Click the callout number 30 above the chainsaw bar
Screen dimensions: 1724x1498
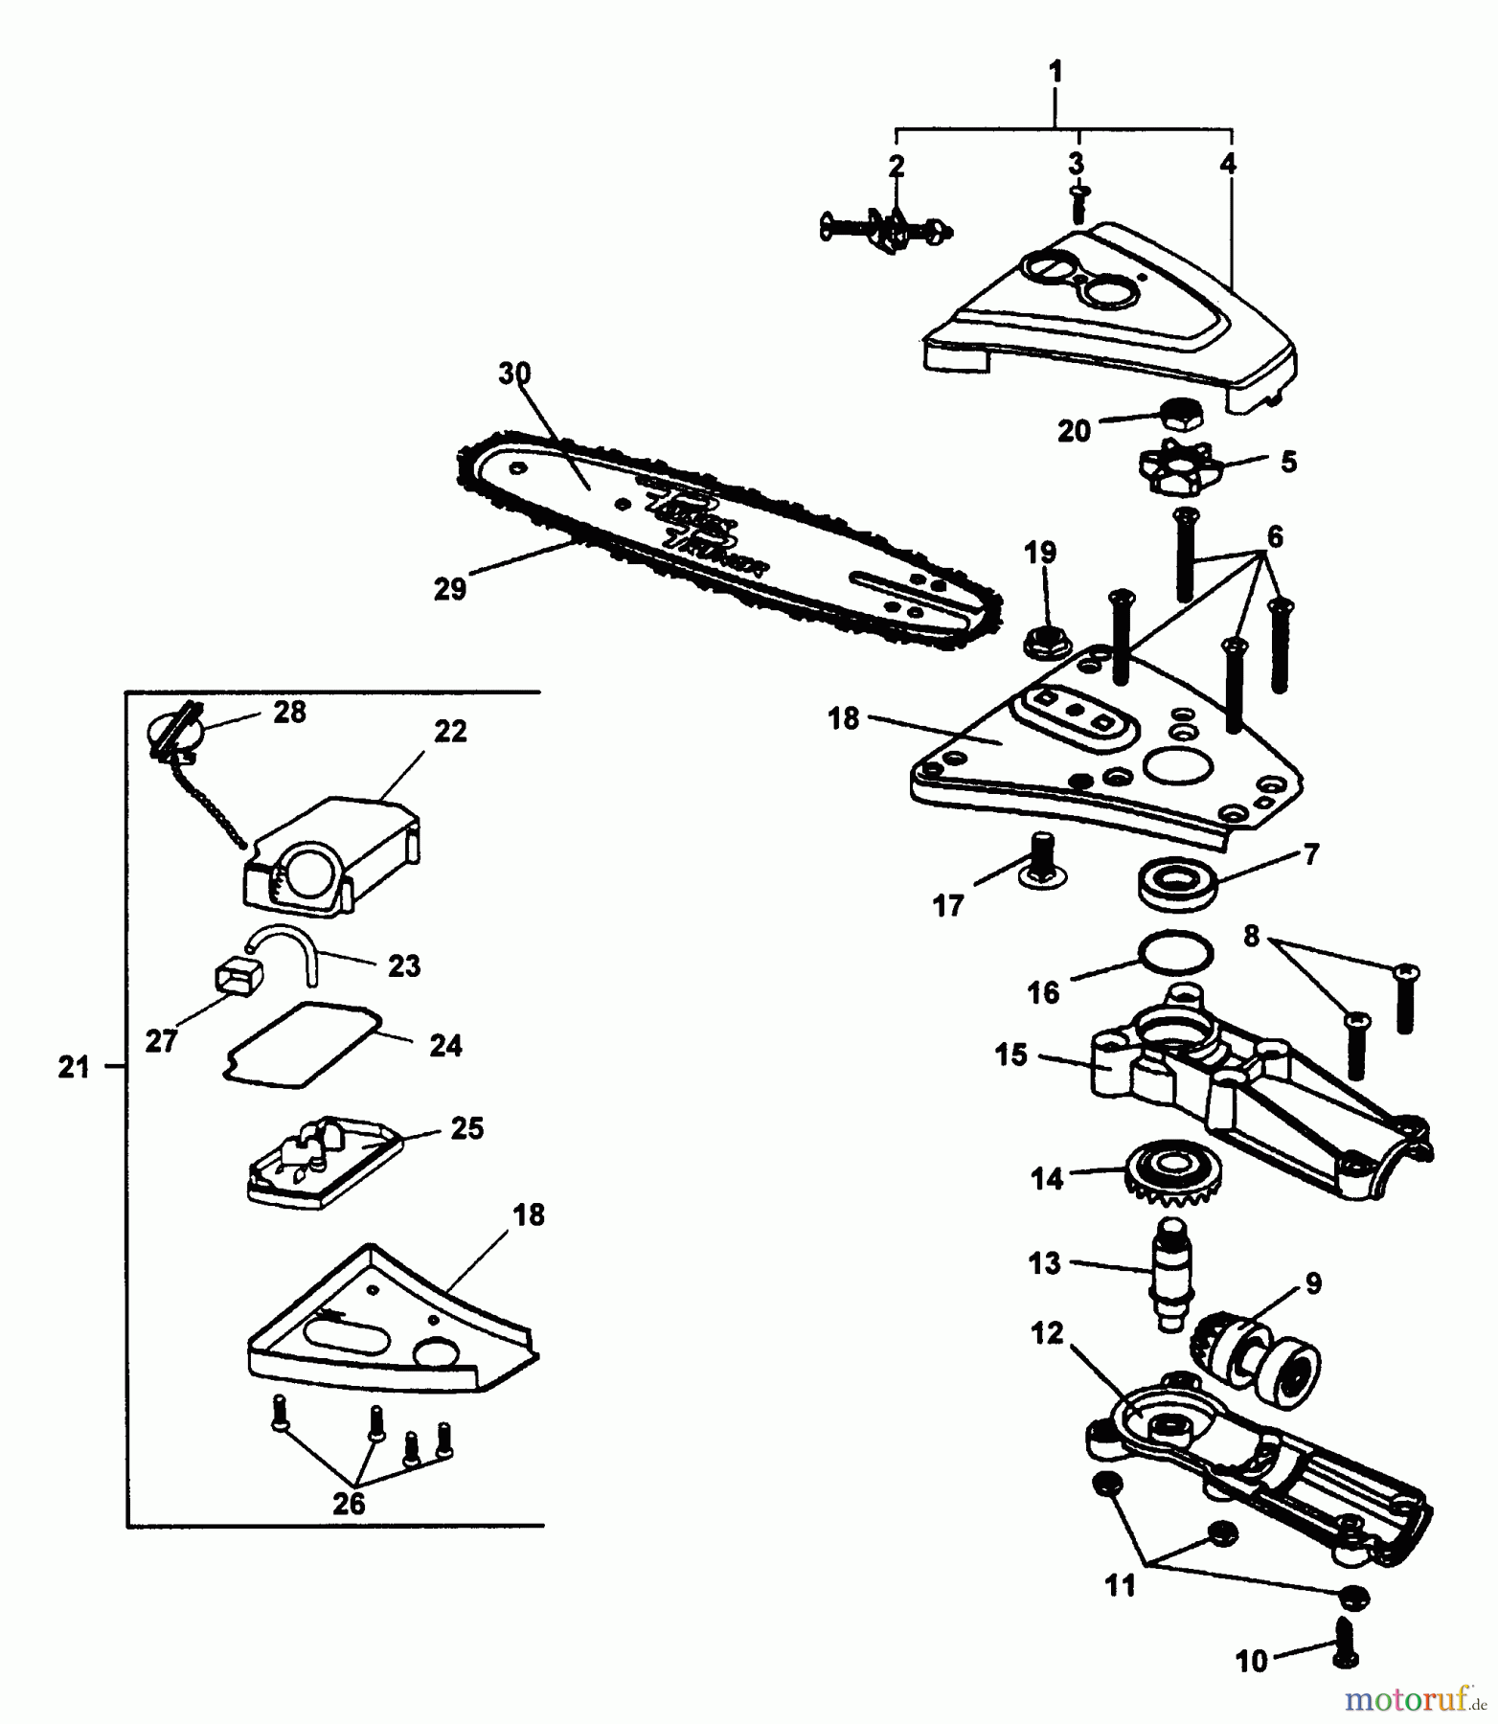(x=514, y=373)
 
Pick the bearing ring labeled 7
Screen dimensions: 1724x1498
(x=1177, y=880)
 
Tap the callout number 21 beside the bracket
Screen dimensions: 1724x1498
(x=74, y=1067)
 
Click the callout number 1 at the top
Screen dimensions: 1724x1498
(x=1055, y=72)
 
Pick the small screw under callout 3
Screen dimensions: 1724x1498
(x=1079, y=205)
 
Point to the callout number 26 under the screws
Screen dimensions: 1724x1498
(x=349, y=1503)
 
